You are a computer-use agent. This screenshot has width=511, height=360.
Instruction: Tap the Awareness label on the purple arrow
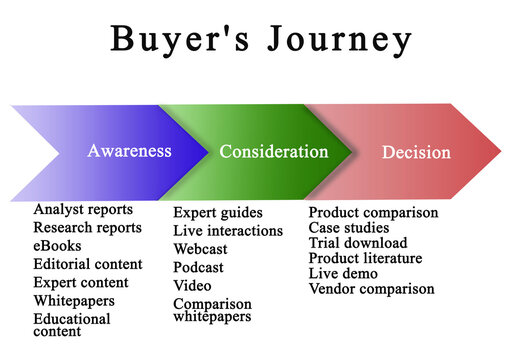coord(129,151)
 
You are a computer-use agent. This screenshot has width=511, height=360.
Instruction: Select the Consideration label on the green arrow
coord(273,152)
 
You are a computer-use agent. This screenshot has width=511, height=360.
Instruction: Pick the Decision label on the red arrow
coord(416,153)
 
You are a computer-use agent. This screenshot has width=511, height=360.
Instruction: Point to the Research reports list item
coord(87,228)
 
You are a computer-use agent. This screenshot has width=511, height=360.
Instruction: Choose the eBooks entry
coord(57,246)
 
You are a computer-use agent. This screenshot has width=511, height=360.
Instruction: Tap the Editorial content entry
coord(87,264)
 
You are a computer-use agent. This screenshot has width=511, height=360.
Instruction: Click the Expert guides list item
coord(218,212)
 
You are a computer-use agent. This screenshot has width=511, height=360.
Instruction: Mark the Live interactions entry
coord(226,230)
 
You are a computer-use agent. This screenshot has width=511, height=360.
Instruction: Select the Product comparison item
coord(373,212)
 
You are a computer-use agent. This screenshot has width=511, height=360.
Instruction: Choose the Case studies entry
coord(349,228)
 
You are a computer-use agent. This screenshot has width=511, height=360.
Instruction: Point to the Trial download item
coord(357,243)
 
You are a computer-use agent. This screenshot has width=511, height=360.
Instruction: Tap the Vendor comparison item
coord(371,289)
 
